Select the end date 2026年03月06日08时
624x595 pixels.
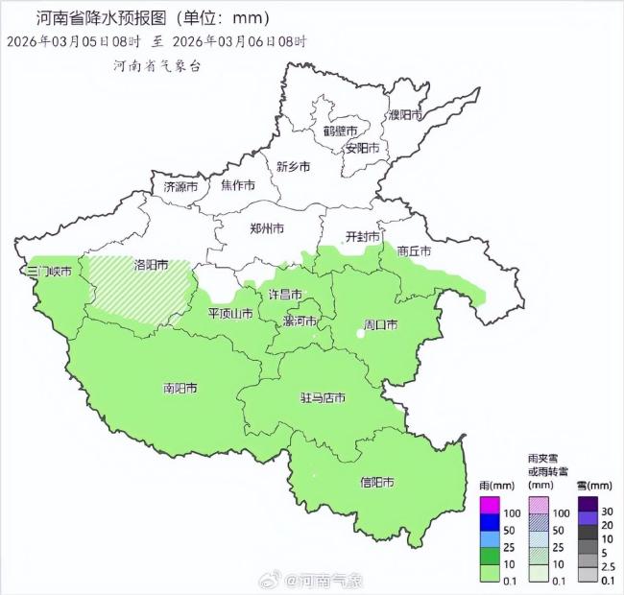point(239,42)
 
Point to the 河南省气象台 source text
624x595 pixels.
point(156,65)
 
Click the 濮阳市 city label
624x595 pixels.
point(405,114)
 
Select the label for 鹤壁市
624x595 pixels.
point(340,131)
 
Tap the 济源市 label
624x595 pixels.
point(180,186)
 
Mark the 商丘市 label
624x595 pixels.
point(413,250)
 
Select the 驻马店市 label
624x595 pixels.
point(322,397)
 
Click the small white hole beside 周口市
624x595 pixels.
point(361,333)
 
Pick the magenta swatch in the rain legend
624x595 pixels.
point(490,505)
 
